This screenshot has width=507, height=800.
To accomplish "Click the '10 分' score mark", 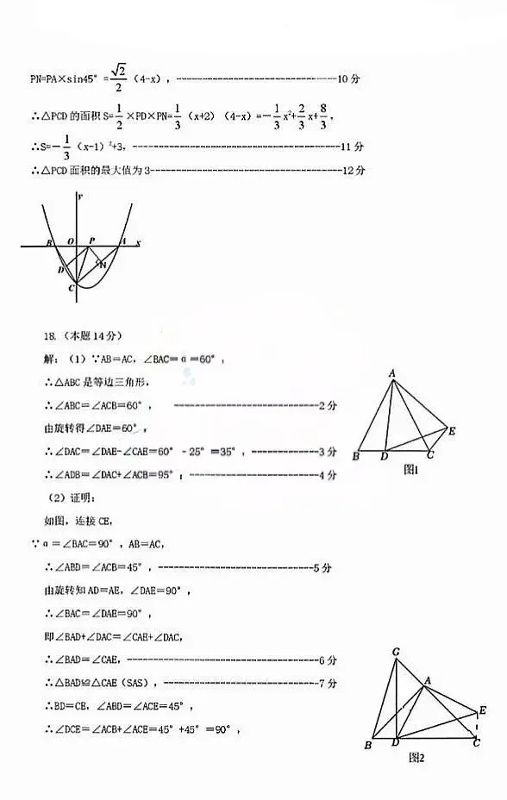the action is click(348, 79).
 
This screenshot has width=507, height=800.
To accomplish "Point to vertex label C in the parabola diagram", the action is click(72, 288).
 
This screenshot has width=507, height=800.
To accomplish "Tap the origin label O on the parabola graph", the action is click(71, 242).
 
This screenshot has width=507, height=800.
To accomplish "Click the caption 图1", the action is click(411, 471).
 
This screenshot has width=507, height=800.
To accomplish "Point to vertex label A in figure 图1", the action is click(391, 373).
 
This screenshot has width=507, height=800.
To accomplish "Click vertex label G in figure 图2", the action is click(395, 653).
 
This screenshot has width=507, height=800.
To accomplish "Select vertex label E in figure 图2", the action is click(482, 711).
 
